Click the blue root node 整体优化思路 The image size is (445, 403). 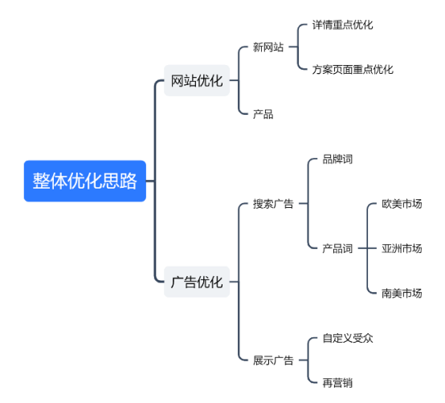tap(85, 181)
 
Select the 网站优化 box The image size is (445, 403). tap(197, 80)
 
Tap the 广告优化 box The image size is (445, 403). tap(197, 282)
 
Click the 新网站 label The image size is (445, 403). tap(268, 47)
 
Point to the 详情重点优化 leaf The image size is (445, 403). tap(342, 25)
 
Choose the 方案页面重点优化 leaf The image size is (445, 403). tap(353, 70)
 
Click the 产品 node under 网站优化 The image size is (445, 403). tap(263, 114)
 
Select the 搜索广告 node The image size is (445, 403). tap(273, 204)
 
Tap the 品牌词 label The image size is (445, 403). tap(337, 159)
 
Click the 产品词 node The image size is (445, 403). tap(337, 248)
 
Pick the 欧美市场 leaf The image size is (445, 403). tap(402, 204)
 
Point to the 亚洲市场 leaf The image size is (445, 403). tap(402, 248)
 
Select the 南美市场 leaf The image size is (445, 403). tap(402, 293)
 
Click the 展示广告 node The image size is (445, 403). tap(273, 360)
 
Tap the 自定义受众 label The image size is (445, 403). tap(348, 338)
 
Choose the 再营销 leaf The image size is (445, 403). tap(337, 383)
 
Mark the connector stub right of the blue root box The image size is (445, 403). tap(150, 181)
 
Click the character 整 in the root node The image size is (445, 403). tap(41, 181)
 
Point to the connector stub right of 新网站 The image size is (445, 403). tap(293, 47)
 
